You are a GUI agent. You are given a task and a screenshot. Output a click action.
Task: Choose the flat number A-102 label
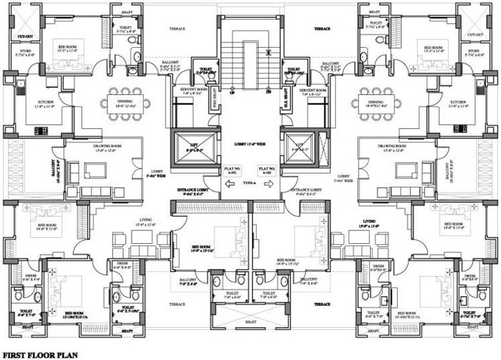tap(268, 171)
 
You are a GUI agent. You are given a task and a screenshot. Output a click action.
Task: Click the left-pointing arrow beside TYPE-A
tap(232, 182)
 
